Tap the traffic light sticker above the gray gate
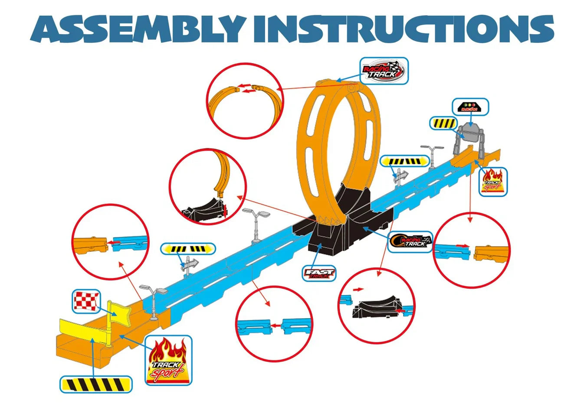[470, 107]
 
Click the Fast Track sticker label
[319, 273]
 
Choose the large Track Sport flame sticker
[168, 360]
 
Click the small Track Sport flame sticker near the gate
[492, 182]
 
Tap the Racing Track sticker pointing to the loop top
[384, 71]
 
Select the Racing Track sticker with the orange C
[410, 241]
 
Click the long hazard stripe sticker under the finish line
[96, 384]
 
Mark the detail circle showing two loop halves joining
[244, 101]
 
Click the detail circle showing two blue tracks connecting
[274, 323]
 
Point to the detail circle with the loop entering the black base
[207, 187]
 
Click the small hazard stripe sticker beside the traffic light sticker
[443, 124]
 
